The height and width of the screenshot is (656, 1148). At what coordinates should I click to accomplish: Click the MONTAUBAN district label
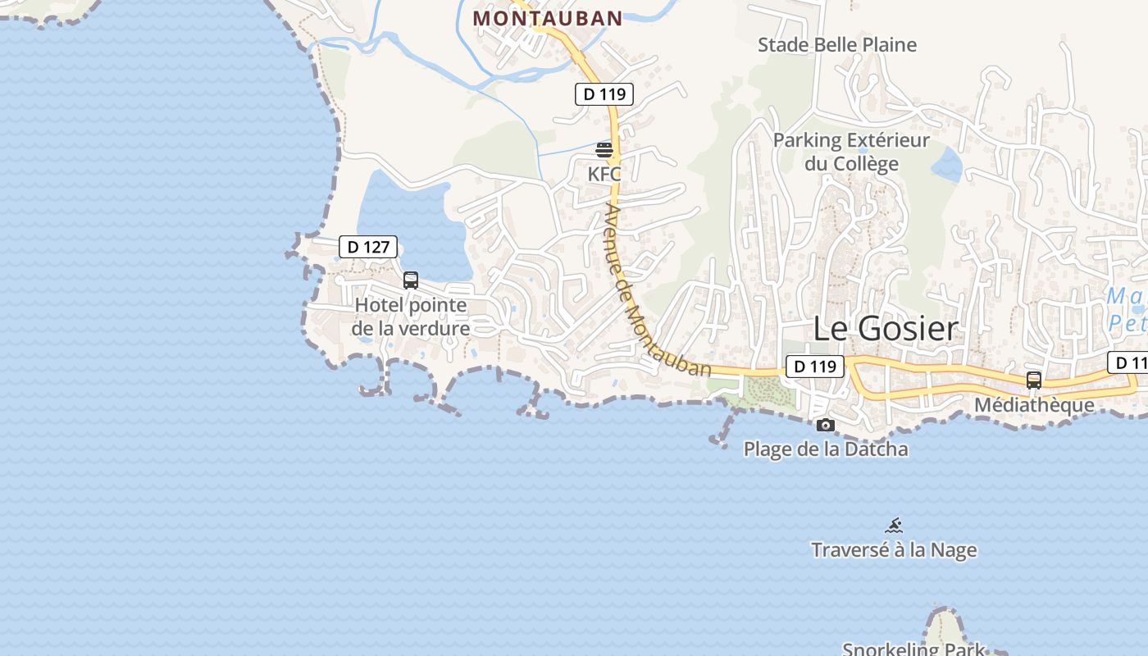click(548, 17)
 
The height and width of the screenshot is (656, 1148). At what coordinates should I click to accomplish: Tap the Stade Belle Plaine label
click(836, 45)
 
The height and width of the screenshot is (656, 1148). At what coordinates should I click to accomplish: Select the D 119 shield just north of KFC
click(605, 94)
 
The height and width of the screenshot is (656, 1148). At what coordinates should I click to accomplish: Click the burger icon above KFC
click(604, 150)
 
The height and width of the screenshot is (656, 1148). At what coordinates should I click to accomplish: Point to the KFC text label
click(604, 174)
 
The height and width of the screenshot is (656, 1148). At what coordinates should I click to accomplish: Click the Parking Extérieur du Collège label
click(851, 152)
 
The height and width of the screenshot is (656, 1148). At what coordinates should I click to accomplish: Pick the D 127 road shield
click(368, 247)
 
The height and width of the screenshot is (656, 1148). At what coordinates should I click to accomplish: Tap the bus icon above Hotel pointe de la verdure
click(411, 280)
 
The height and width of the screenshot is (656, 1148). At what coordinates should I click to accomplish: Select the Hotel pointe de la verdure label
click(411, 317)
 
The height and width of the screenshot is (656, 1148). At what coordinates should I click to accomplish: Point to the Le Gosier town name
click(885, 329)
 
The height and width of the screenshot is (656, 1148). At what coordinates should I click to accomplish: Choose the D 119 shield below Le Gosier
click(815, 367)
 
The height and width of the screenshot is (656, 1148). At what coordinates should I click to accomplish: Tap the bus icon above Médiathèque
click(1034, 380)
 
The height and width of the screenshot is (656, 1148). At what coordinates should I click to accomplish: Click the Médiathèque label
click(1034, 405)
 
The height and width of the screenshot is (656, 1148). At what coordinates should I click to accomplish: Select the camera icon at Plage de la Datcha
click(826, 425)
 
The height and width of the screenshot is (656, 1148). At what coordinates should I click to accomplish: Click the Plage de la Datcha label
click(826, 449)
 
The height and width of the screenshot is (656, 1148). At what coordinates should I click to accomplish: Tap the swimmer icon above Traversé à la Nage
click(894, 526)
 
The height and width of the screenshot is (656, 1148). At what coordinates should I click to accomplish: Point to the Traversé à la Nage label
click(894, 549)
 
